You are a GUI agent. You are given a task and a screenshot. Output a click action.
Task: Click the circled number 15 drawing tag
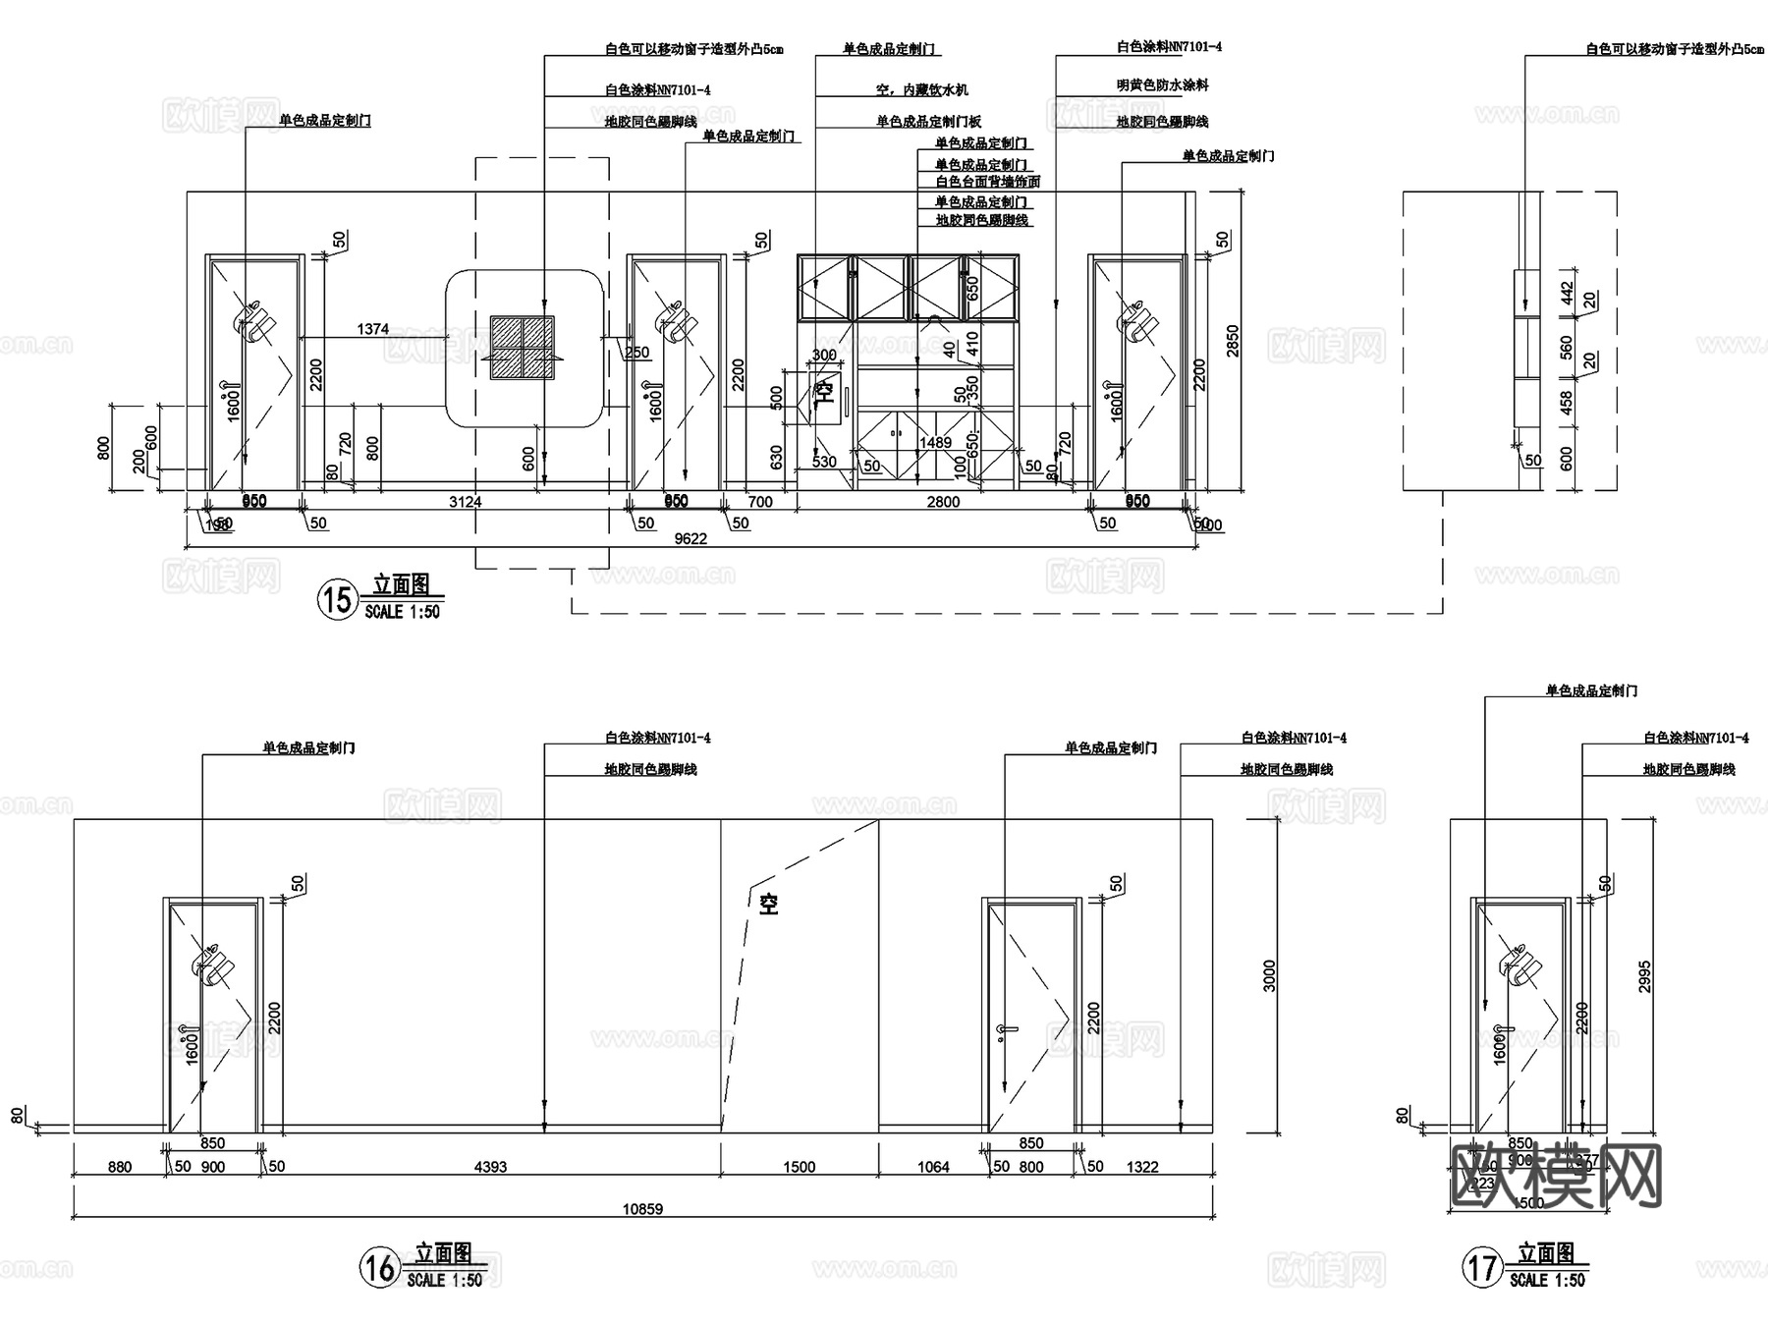pyautogui.click(x=337, y=598)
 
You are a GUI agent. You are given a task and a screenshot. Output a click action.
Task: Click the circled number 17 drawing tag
pyautogui.click(x=1482, y=1267)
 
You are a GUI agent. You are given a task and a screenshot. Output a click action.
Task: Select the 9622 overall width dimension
pyautogui.click(x=691, y=538)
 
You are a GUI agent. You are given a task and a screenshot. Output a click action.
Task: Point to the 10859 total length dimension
pyautogui.click(x=642, y=1209)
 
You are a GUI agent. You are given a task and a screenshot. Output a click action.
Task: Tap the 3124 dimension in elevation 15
pyautogui.click(x=466, y=502)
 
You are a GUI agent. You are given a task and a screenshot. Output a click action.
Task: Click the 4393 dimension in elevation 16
pyautogui.click(x=490, y=1167)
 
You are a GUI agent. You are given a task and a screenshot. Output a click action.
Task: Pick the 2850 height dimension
pyautogui.click(x=1233, y=341)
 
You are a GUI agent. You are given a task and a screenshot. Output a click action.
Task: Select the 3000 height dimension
pyautogui.click(x=1269, y=975)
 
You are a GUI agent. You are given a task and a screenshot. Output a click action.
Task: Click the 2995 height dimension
pyautogui.click(x=1645, y=975)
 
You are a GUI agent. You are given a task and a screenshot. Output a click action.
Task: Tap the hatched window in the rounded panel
pyautogui.click(x=523, y=348)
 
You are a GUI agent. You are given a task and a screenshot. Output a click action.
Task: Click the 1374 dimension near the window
pyautogui.click(x=373, y=330)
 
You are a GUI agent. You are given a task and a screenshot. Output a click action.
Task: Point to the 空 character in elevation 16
pyautogui.click(x=768, y=904)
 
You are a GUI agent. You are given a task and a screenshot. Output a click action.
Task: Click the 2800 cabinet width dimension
pyautogui.click(x=943, y=502)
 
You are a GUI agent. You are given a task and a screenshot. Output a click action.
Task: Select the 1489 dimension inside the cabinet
pyautogui.click(x=935, y=443)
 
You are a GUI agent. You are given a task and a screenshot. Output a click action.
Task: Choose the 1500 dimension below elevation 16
pyautogui.click(x=799, y=1167)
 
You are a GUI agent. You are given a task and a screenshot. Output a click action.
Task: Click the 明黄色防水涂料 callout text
pyautogui.click(x=1162, y=85)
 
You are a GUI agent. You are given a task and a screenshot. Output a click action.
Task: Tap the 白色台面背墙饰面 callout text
pyautogui.click(x=987, y=182)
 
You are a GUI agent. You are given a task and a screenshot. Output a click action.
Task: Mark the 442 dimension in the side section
pyautogui.click(x=1567, y=293)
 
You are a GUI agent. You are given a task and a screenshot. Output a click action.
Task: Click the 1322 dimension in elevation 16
pyautogui.click(x=1142, y=1167)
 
